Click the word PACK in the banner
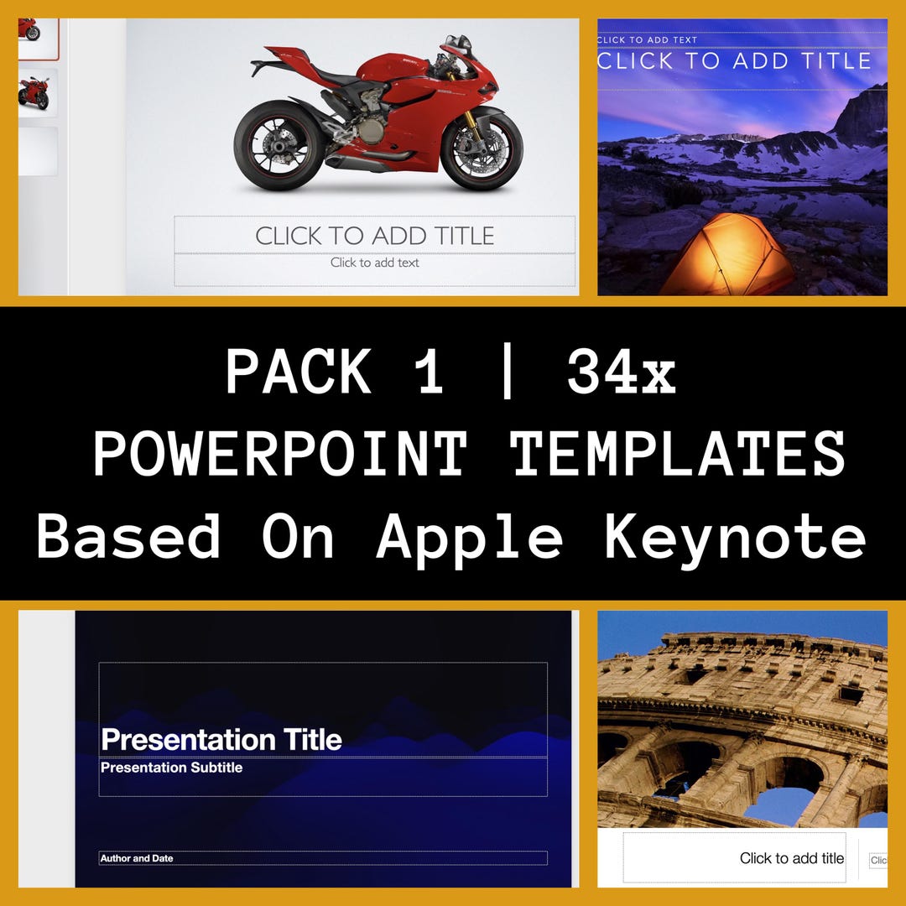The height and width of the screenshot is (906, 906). [x=299, y=372]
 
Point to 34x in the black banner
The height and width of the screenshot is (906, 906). [x=622, y=372]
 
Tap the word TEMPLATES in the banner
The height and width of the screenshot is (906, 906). [x=678, y=454]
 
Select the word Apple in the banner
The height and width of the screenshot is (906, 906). [x=470, y=536]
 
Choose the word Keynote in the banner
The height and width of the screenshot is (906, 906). [x=735, y=536]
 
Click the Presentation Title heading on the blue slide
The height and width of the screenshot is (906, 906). [x=221, y=740]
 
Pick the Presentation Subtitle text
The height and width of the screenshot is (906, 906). [x=171, y=768]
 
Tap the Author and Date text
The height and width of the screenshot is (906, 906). [x=137, y=858]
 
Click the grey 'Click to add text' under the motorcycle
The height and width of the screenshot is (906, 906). [x=374, y=263]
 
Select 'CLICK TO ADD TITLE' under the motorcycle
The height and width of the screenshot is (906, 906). [x=374, y=236]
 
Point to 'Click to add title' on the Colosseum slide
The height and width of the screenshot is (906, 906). [x=791, y=858]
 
